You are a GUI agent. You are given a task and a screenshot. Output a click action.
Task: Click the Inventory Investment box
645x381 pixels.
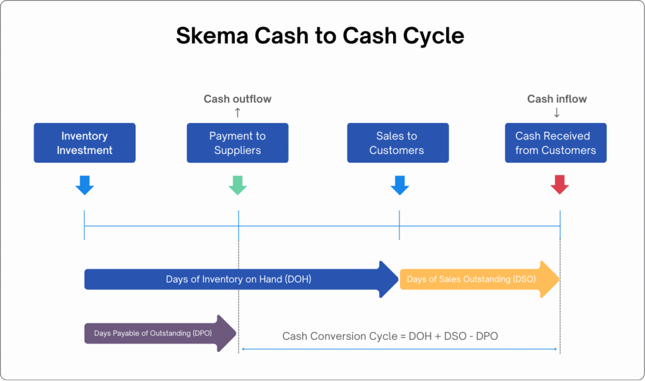pos(84,143)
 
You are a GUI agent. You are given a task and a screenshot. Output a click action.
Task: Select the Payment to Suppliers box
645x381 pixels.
pos(237,143)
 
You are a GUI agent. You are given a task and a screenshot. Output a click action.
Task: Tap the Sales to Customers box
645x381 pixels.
pos(397,143)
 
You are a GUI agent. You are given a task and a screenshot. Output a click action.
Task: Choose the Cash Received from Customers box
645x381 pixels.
pos(556,143)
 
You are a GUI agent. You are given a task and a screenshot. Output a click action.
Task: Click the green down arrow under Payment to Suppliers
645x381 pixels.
pos(237,185)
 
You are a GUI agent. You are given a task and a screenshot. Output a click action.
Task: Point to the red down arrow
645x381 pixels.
pos(559,185)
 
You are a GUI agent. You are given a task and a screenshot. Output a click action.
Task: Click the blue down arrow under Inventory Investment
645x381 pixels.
pos(84,185)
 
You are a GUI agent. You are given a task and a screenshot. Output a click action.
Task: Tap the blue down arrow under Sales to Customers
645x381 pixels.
pos(400,185)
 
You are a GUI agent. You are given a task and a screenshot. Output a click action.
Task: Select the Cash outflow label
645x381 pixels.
pos(237,99)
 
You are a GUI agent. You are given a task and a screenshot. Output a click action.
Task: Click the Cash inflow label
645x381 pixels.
pos(557,99)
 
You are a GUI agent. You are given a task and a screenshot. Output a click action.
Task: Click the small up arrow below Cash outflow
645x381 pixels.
pos(237,113)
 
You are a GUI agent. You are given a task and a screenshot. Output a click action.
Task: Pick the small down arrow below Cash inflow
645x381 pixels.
pos(557,113)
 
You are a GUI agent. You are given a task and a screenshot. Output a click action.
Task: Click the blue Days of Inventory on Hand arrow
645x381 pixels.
pos(239,279)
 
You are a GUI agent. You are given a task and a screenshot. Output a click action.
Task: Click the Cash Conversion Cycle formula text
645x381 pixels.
pos(390,336)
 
